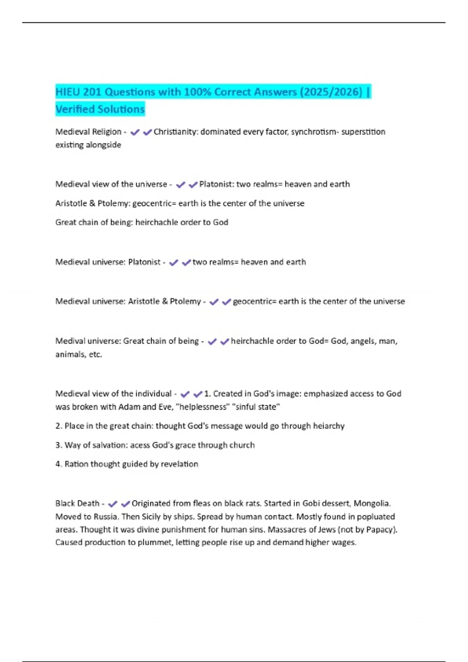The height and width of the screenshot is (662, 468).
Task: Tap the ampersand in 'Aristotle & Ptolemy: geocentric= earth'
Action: coord(92,203)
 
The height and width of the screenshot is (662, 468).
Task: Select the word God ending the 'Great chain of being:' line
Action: coord(220,222)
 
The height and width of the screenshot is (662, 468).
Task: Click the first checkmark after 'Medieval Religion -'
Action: coord(135,132)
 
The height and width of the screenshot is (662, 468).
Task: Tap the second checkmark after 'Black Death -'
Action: coord(125,504)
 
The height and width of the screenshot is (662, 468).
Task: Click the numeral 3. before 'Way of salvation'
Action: coord(58,445)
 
